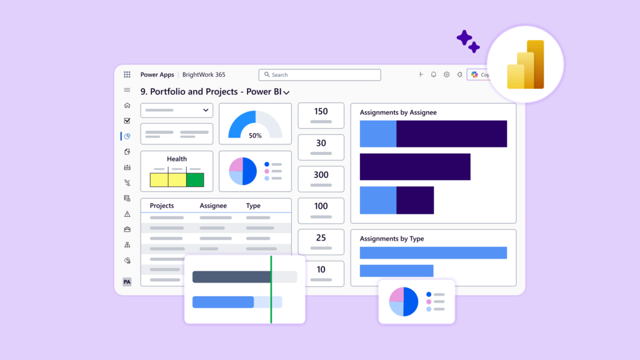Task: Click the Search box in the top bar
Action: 319,75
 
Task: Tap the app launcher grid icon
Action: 127,74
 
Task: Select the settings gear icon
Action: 447,74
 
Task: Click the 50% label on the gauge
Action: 255,136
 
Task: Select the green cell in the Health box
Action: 195,180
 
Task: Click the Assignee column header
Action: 213,206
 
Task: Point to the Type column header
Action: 253,206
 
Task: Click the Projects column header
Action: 162,206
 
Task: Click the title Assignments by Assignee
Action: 398,112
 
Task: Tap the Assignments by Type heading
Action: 392,239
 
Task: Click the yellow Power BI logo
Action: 526,65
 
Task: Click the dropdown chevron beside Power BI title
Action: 286,92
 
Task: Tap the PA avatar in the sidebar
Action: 127,282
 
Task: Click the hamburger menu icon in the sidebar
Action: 127,90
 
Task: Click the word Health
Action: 177,159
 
